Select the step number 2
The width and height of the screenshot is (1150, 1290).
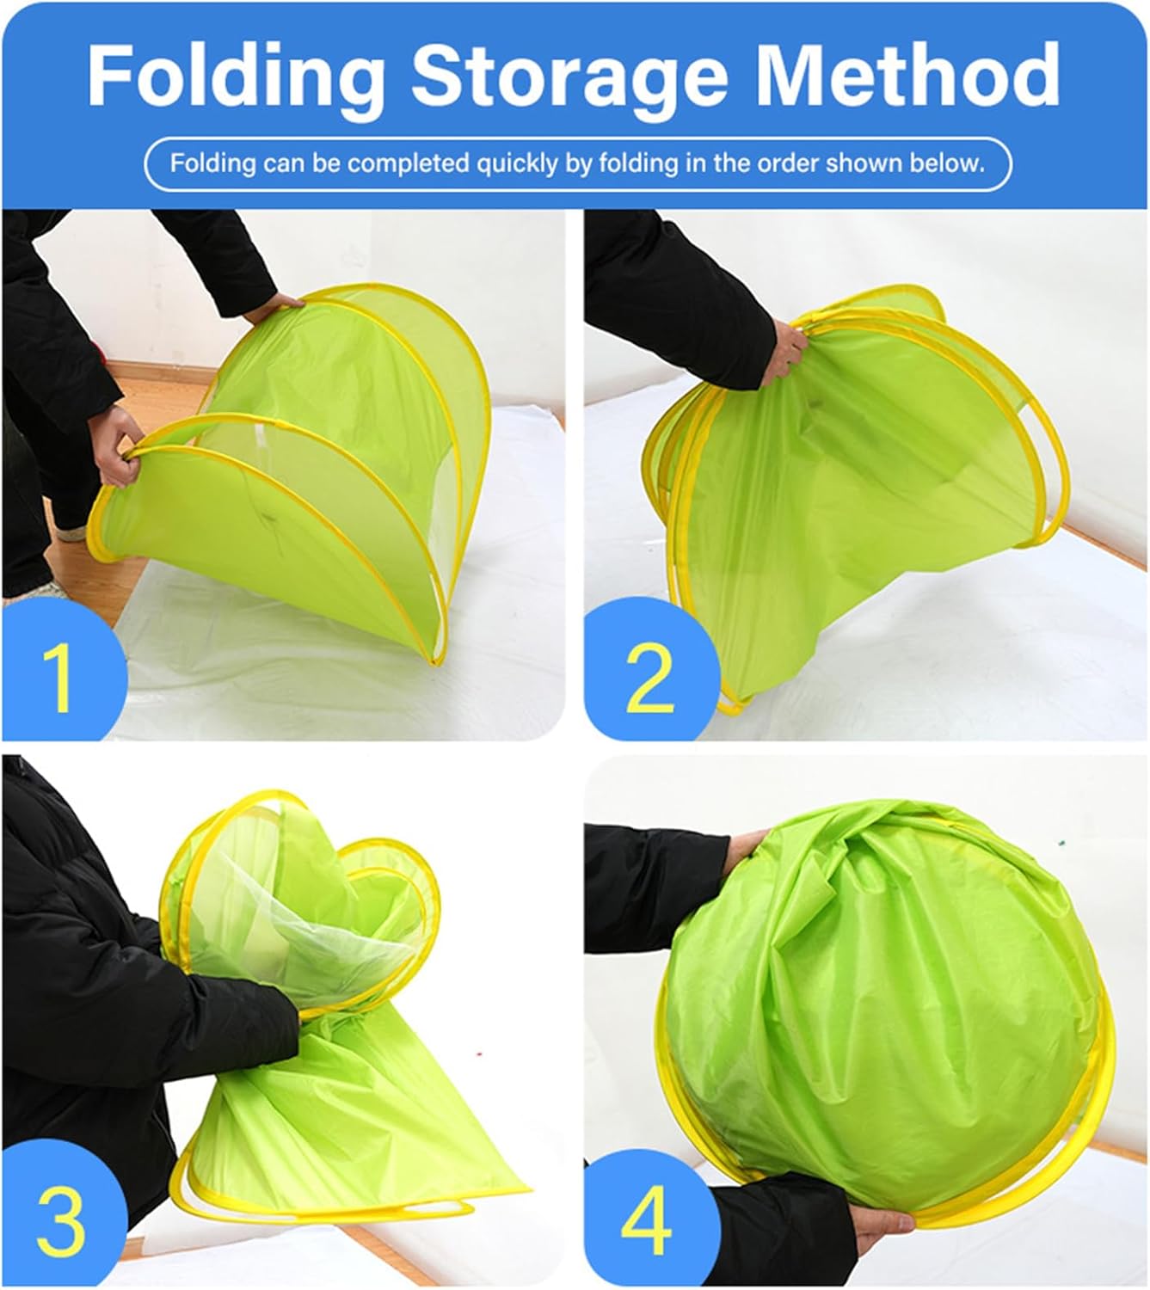(650, 678)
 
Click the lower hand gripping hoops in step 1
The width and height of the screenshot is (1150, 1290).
(116, 445)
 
